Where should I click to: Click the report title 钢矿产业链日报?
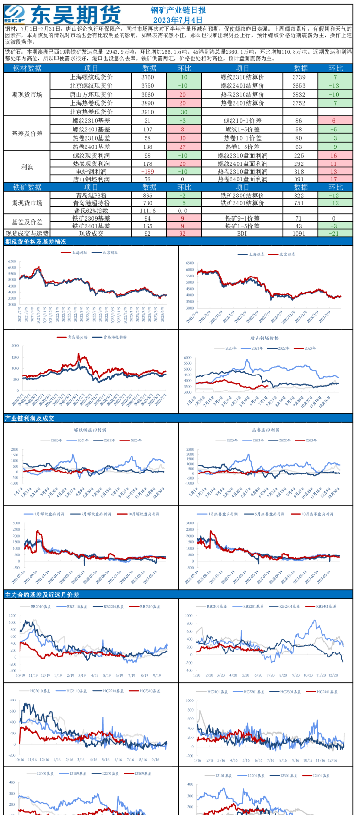point(178,10)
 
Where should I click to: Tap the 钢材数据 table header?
point(27,68)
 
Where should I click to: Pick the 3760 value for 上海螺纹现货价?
point(147,77)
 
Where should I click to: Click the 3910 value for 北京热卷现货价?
point(147,112)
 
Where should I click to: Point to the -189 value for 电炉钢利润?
point(147,171)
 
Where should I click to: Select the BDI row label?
point(242,233)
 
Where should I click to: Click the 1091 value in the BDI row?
point(299,233)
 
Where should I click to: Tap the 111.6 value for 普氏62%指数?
point(147,211)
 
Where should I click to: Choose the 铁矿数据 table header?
point(27,187)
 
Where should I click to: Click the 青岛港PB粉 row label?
point(91,195)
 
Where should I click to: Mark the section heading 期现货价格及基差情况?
point(36,242)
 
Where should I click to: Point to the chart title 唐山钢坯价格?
point(264,338)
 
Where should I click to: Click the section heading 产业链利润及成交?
point(30,418)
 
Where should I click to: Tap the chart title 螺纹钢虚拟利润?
point(90,430)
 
